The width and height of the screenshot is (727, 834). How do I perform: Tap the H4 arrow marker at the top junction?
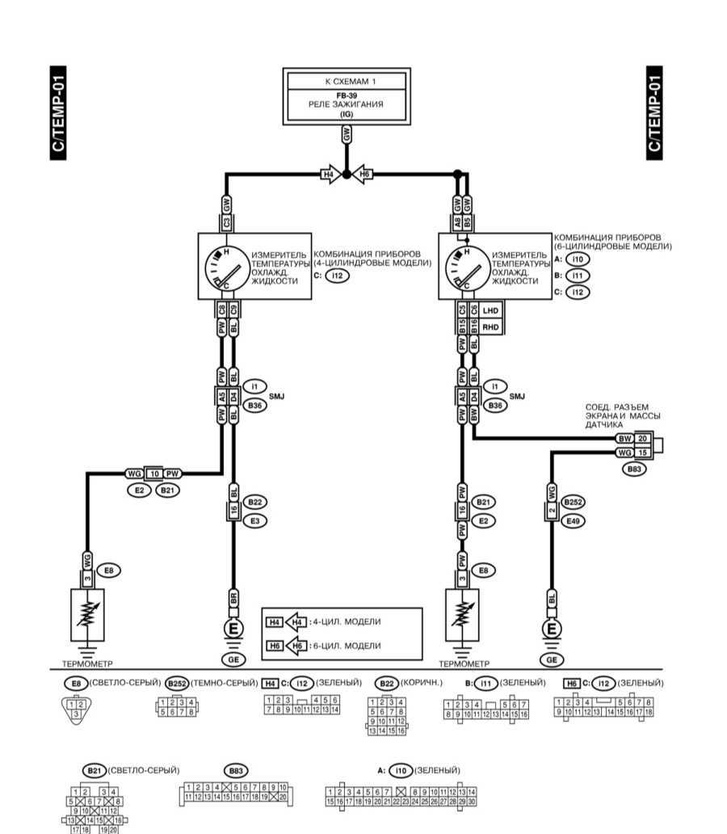click(329, 174)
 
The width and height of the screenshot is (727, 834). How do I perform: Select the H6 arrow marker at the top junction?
click(363, 174)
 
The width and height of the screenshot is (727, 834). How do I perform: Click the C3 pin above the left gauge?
click(227, 221)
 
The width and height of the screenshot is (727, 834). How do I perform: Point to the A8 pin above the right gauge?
click(457, 220)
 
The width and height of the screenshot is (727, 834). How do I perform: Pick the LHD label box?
click(491, 310)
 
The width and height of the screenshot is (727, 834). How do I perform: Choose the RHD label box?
click(491, 326)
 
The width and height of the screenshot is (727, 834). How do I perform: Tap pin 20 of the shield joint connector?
click(643, 438)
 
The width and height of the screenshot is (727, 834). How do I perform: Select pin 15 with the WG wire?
click(643, 452)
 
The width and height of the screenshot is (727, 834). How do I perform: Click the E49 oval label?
click(573, 521)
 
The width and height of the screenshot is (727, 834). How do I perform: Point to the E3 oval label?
click(256, 521)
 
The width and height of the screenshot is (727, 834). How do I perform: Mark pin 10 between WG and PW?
click(153, 472)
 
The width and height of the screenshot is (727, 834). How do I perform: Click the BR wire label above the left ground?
click(233, 599)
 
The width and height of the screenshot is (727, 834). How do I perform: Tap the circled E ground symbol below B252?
click(552, 629)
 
